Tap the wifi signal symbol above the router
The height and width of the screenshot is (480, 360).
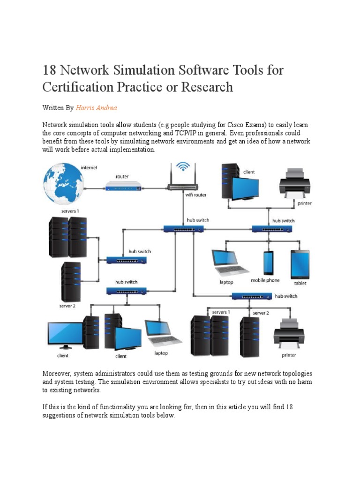click(x=183, y=167)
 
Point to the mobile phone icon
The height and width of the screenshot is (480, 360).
click(x=268, y=263)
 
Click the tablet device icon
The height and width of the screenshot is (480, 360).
click(x=300, y=264)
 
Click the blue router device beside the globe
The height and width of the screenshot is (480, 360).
click(x=123, y=188)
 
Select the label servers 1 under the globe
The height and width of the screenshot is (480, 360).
click(x=70, y=211)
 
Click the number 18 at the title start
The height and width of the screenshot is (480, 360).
click(x=50, y=71)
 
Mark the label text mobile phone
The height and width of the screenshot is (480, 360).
click(x=265, y=280)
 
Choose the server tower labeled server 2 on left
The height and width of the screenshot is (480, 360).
click(x=70, y=282)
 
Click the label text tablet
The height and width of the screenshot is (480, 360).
click(x=300, y=283)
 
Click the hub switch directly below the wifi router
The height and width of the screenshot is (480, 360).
click(x=183, y=229)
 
